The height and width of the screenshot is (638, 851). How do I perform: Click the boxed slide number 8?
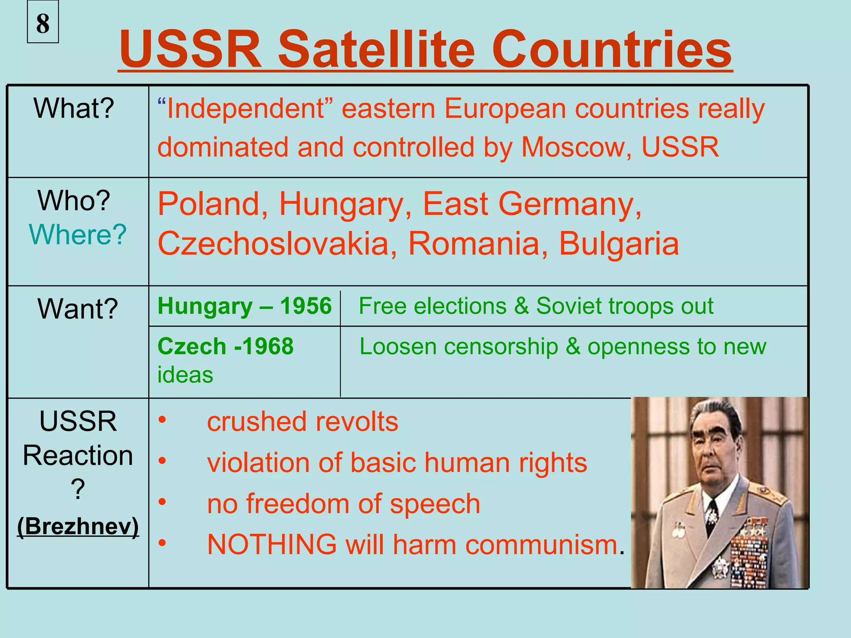(x=43, y=22)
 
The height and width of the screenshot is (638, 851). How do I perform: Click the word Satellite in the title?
(x=376, y=50)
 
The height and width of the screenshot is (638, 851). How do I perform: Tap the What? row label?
(x=74, y=108)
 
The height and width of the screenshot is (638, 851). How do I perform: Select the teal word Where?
(x=78, y=235)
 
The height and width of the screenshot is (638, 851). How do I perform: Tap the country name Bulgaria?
(x=619, y=244)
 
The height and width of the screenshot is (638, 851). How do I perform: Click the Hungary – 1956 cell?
(x=245, y=306)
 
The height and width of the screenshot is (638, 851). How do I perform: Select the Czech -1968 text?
(x=226, y=346)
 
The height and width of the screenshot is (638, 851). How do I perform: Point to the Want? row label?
(x=78, y=309)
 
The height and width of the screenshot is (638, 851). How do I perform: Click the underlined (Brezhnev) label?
(x=78, y=526)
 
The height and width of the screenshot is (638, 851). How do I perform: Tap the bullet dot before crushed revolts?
(x=162, y=420)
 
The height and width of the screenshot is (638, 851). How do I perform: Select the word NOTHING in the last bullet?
(x=272, y=544)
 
